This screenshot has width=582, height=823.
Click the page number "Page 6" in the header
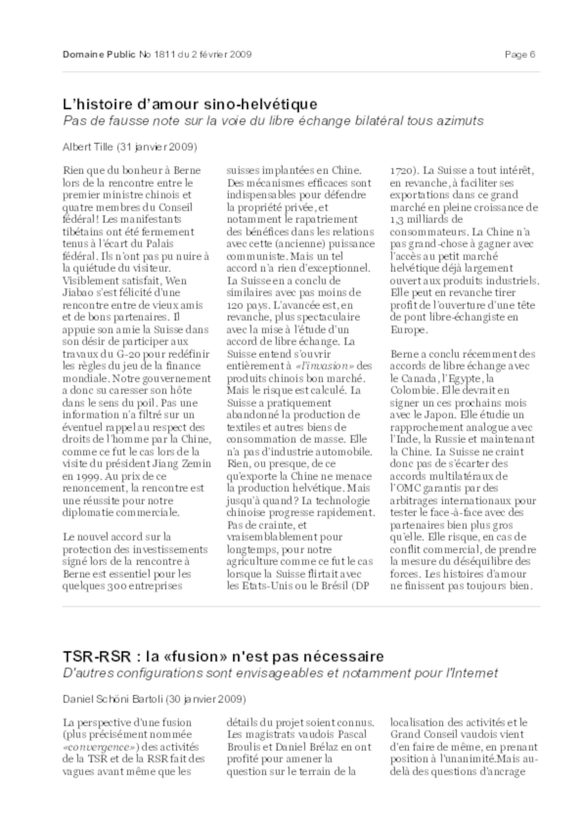(520, 54)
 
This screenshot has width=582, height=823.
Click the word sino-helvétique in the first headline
(261, 104)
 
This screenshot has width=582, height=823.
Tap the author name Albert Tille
(88, 147)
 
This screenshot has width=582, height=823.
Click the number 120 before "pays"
(234, 305)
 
